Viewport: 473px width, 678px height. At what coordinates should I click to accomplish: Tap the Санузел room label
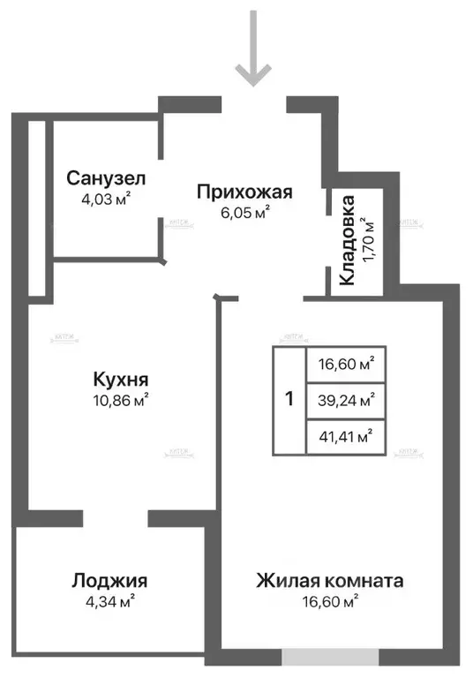coord(106,178)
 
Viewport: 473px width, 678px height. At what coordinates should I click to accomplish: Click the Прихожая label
coord(244,192)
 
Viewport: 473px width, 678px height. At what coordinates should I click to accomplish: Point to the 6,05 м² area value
coord(244,211)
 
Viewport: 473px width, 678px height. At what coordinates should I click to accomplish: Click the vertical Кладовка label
coord(348,239)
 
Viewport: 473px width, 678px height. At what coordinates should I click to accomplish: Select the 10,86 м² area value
coord(120,399)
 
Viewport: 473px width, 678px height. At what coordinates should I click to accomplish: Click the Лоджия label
coord(109,581)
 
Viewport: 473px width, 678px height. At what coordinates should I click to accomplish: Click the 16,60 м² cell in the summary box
coord(345,363)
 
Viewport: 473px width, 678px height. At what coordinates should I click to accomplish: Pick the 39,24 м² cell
coord(345,399)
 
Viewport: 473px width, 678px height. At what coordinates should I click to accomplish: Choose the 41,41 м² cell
coord(345,435)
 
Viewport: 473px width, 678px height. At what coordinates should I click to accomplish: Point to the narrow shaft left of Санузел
coord(36,207)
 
